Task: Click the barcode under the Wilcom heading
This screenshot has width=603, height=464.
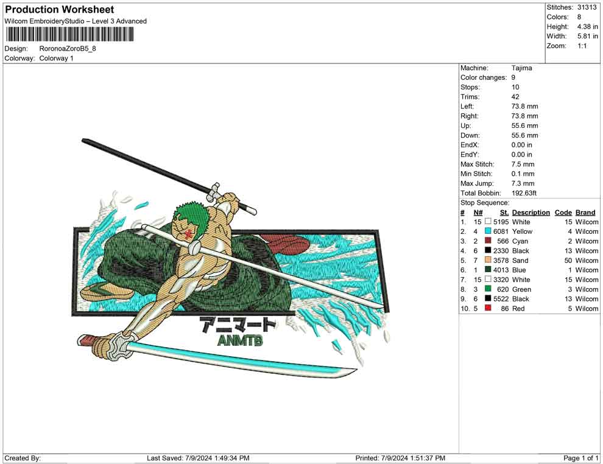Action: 69,35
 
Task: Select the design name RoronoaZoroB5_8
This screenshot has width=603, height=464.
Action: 68,49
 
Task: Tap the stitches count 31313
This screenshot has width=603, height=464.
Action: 587,7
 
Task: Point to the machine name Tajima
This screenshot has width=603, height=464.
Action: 522,68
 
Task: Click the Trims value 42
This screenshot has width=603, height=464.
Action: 515,97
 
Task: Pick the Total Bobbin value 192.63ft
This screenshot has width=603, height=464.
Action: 524,193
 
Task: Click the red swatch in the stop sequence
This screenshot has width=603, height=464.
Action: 488,308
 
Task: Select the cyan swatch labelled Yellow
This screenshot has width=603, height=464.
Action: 488,231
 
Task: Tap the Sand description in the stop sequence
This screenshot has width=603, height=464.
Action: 520,261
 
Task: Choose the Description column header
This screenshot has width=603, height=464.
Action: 531,213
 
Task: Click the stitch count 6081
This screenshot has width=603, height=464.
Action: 501,231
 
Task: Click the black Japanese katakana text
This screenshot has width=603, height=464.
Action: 238,325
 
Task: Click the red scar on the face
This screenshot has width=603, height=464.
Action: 188,234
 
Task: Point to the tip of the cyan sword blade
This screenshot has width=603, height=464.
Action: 356,370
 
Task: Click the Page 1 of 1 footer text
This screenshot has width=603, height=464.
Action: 580,459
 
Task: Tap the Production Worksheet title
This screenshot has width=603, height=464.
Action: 60,10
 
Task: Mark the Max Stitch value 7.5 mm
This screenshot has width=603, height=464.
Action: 523,164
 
